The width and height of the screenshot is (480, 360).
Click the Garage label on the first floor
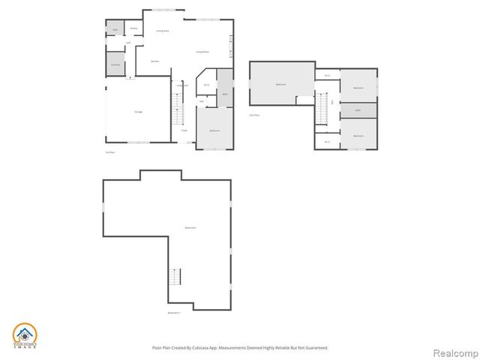pyautogui.click(x=138, y=112)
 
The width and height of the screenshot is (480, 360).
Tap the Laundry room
pyautogui.click(x=115, y=65)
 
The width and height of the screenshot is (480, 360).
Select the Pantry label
pyautogui.click(x=133, y=28)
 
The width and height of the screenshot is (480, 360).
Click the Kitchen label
pyautogui.click(x=154, y=61)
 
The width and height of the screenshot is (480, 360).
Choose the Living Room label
pyautogui.click(x=202, y=52)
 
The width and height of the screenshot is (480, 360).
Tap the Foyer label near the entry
pyautogui.click(x=183, y=130)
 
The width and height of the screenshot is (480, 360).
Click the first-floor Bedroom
pyautogui.click(x=214, y=130)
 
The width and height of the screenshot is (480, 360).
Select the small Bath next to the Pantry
pyautogui.click(x=115, y=30)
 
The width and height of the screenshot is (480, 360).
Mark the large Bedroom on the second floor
pyautogui.click(x=280, y=85)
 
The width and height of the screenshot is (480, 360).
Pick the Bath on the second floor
pyautogui.click(x=358, y=110)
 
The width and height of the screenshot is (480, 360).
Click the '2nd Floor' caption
pyautogui.click(x=253, y=115)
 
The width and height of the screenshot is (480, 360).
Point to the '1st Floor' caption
pyautogui.click(x=109, y=152)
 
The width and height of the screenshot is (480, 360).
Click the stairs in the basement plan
pyautogui.click(x=175, y=276)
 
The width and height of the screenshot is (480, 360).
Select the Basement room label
pyautogui.click(x=190, y=228)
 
